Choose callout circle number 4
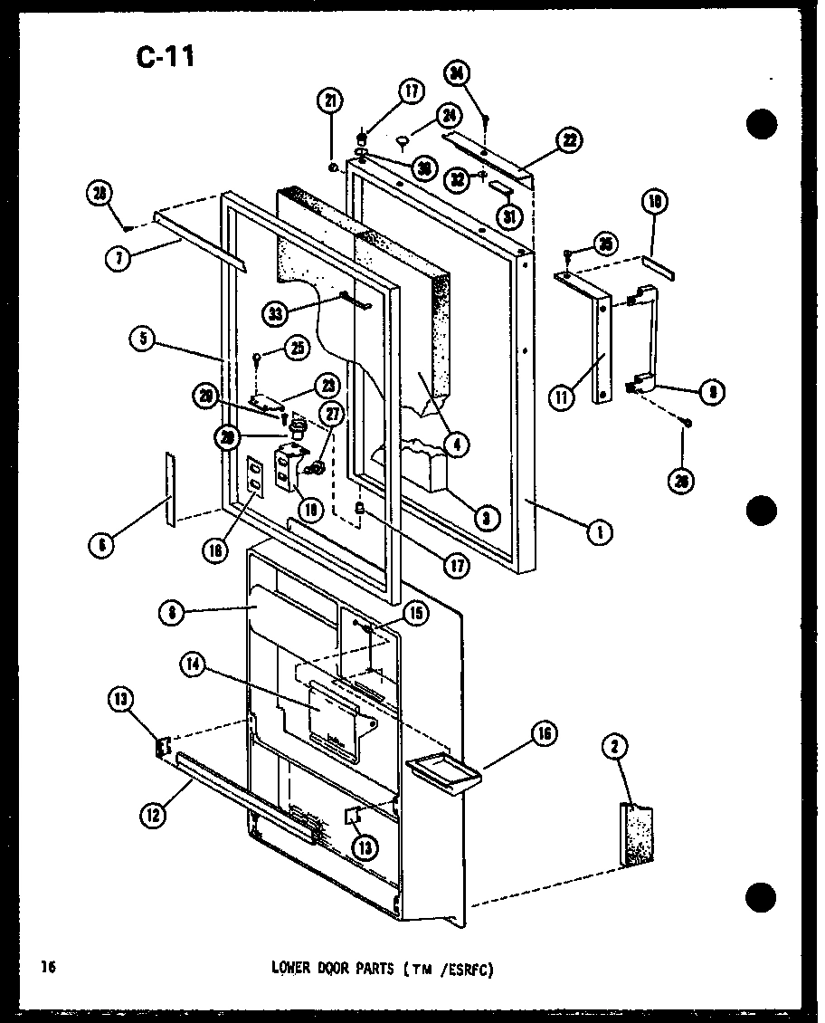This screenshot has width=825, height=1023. (458, 444)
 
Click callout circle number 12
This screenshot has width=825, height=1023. (152, 815)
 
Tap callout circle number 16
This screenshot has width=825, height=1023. (545, 732)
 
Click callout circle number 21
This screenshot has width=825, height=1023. (331, 100)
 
